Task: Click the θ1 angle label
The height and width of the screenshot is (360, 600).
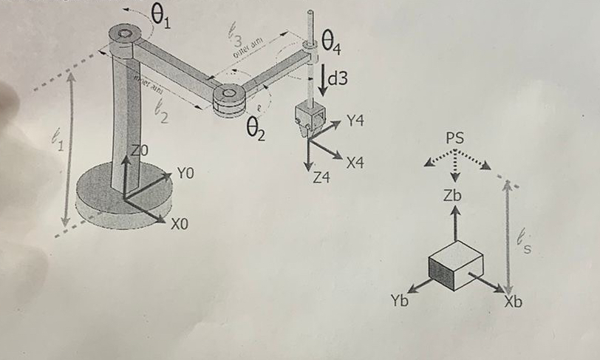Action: coord(160,14)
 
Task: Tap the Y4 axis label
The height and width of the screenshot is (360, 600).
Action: coord(355,120)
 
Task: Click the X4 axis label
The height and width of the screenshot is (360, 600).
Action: coord(355,162)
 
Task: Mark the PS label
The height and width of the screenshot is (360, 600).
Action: coord(456,138)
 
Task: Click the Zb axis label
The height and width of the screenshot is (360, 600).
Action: coord(453,196)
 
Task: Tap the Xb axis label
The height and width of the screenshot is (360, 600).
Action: coord(514,302)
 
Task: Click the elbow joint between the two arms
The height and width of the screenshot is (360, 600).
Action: coord(228,95)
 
